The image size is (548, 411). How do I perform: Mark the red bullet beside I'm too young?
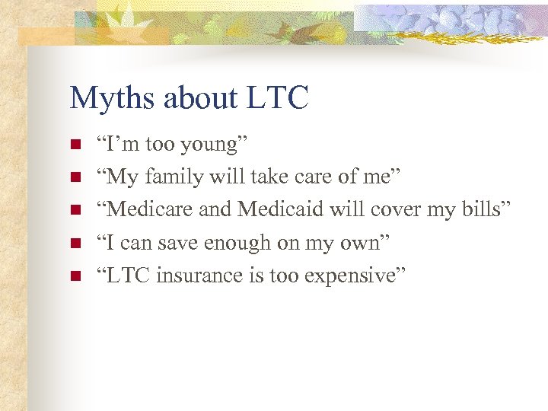[x=75, y=145]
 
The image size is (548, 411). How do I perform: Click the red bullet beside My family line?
[x=75, y=177]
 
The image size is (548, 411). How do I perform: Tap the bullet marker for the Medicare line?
[x=75, y=210]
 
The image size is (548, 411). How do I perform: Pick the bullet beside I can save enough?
[x=75, y=243]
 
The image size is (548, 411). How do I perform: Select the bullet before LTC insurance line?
[x=75, y=276]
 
